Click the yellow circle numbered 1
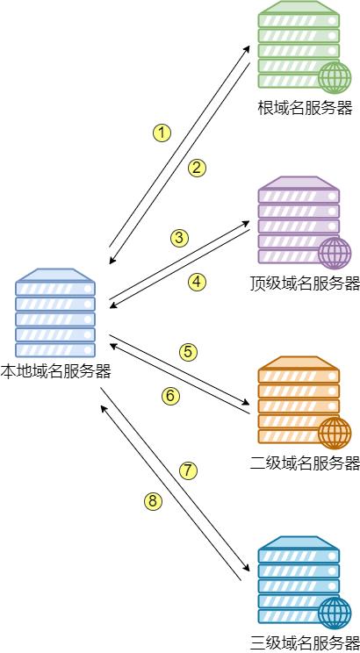(x=161, y=133)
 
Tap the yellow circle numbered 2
(x=197, y=168)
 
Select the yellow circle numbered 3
(x=179, y=237)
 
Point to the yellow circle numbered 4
(x=197, y=282)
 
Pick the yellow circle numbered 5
(x=188, y=352)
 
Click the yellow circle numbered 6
(x=170, y=396)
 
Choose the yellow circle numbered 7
(x=188, y=470)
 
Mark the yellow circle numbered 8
(x=153, y=501)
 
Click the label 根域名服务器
(x=305, y=108)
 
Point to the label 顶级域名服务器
(x=305, y=283)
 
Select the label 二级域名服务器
(x=305, y=463)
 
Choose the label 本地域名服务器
(x=55, y=371)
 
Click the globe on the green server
(x=334, y=77)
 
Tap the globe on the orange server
(x=334, y=433)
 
